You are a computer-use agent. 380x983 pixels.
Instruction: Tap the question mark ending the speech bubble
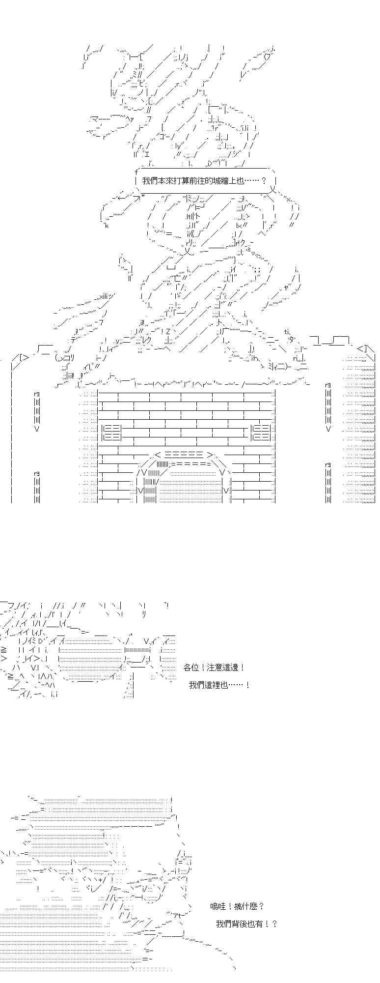(264, 180)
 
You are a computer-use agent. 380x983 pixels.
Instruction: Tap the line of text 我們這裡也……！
(219, 685)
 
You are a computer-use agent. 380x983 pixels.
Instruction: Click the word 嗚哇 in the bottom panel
(218, 906)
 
